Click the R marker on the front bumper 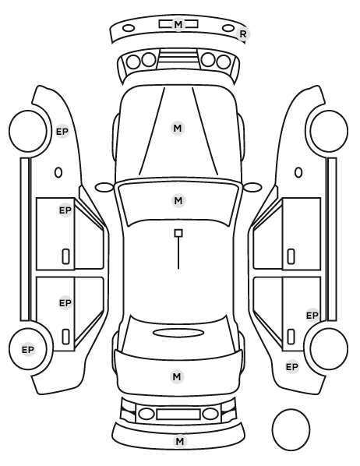coord(243,34)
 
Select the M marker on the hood coord(178,129)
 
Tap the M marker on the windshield coord(178,200)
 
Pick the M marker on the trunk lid coord(177,377)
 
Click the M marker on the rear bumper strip coord(180,442)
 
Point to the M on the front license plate coord(178,24)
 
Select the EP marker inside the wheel coord(28,350)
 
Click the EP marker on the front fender coord(62,132)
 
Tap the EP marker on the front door coord(65,210)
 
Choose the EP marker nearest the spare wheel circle coord(292,367)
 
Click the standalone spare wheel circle coord(291,429)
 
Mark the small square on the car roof coord(178,233)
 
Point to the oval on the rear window coord(178,333)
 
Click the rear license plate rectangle coord(178,415)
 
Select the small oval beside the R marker coord(228,28)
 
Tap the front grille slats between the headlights coord(178,58)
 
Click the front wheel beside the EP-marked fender coord(28,132)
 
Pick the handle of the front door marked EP coord(65,256)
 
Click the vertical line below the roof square coord(178,253)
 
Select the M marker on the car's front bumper coord(178,24)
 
